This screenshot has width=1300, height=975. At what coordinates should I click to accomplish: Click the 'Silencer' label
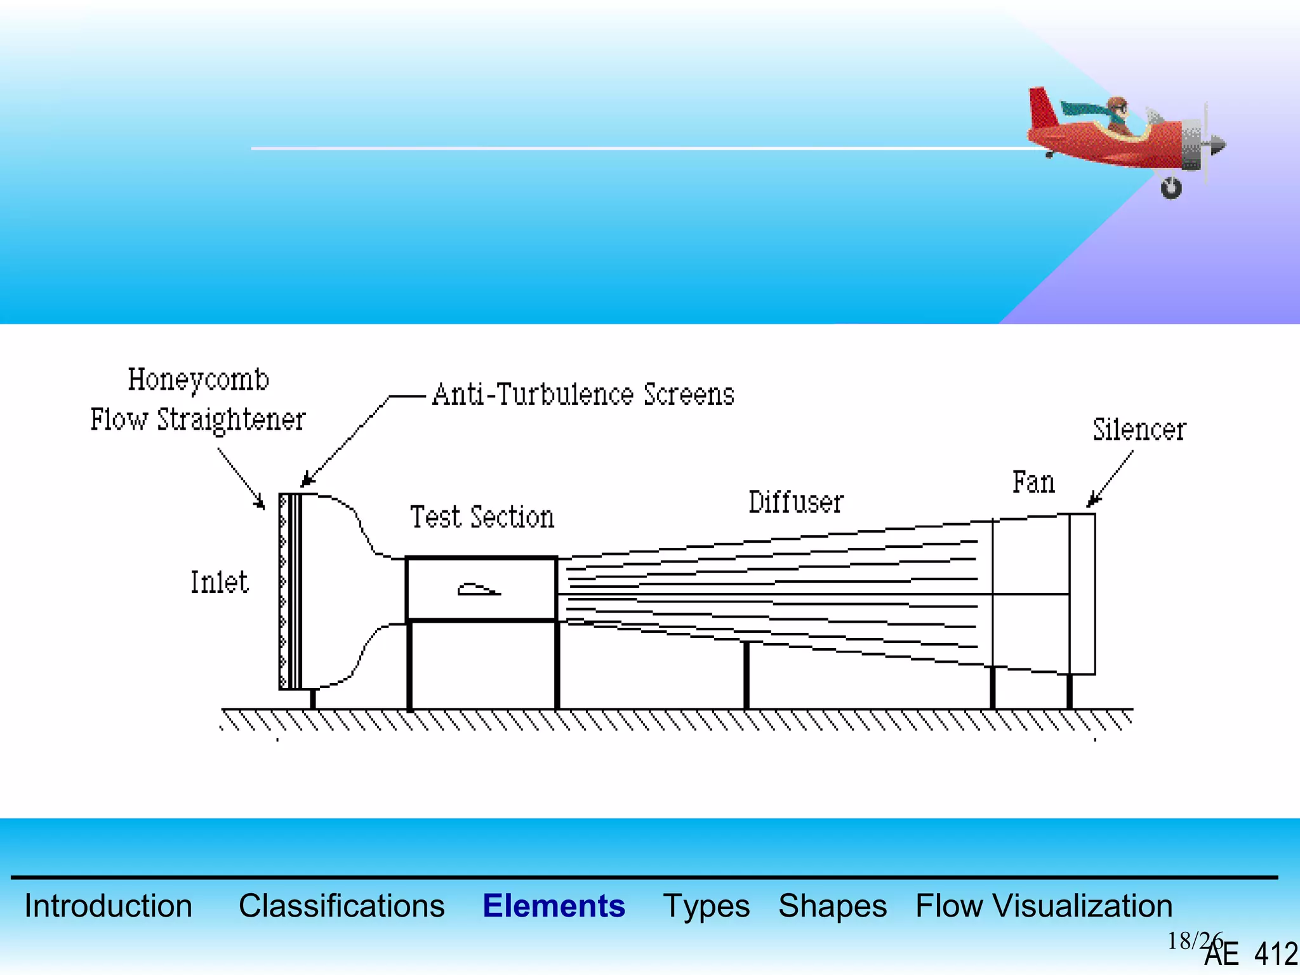(1139, 430)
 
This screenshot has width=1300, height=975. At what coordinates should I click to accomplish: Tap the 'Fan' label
(1033, 482)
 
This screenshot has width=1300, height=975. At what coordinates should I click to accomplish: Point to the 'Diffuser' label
(796, 503)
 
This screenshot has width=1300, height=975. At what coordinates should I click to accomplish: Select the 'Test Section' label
(482, 517)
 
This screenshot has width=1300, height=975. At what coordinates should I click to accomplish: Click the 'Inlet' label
(220, 582)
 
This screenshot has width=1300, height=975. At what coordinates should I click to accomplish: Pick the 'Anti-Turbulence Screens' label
(583, 394)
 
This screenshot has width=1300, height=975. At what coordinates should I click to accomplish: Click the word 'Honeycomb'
(198, 380)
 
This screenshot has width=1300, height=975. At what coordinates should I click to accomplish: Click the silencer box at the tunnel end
(1082, 594)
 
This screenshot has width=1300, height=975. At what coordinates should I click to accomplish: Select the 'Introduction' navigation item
(108, 906)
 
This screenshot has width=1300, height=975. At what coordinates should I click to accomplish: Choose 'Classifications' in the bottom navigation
(342, 906)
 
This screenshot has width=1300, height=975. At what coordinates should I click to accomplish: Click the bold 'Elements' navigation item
(554, 906)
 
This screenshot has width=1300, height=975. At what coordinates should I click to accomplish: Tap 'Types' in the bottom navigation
(706, 906)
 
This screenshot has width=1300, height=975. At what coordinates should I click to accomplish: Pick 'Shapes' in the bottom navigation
(832, 906)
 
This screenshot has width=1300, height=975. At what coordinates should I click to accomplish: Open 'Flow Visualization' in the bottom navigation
(1044, 906)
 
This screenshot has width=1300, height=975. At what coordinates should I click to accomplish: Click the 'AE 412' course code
(1250, 954)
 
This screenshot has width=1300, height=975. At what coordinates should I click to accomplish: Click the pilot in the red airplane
(1117, 114)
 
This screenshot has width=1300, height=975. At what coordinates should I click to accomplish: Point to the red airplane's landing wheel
(1171, 188)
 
